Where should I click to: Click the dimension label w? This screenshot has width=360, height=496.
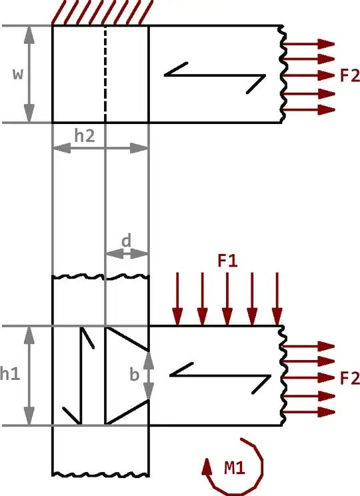pos(18,74)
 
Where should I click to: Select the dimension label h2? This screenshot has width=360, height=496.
pos(84,135)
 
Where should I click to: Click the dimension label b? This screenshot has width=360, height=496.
pos(135,375)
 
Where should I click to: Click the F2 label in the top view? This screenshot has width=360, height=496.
pos(349,75)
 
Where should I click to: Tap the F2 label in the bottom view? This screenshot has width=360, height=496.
pos(349,378)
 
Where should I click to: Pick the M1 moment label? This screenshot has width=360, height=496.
pos(235,468)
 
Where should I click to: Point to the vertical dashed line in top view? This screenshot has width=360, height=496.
pos(105,73)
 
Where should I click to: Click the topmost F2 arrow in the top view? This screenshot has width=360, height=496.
pos(310,44)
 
